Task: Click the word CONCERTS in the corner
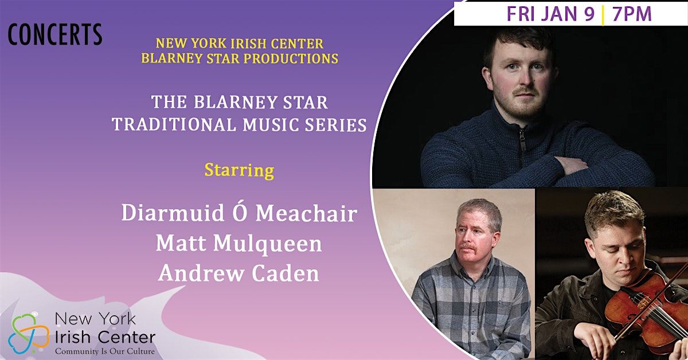tap(55, 35)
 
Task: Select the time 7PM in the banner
tap(632, 14)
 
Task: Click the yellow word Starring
tap(239, 170)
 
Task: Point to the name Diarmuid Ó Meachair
tap(239, 213)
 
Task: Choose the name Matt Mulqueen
tap(239, 243)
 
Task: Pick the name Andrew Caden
tap(239, 273)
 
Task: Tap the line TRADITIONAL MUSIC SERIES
tap(239, 124)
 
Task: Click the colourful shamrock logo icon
tap(28, 332)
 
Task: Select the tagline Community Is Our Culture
tap(104, 350)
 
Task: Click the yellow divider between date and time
tap(603, 14)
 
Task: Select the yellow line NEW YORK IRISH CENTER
tap(239, 44)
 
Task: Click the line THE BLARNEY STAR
tap(239, 103)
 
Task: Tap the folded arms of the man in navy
tap(579, 166)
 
